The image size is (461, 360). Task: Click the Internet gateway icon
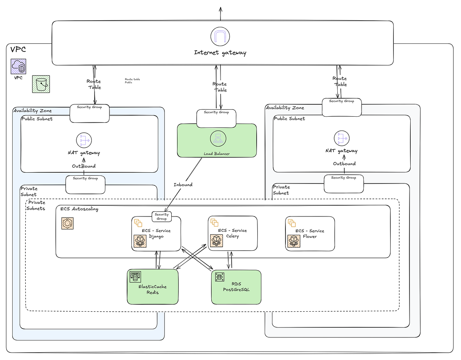click(x=220, y=36)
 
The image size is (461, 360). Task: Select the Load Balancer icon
click(x=217, y=138)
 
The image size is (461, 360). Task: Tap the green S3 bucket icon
click(x=41, y=84)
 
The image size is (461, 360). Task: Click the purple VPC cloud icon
click(x=18, y=66)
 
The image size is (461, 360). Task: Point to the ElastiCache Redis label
click(x=153, y=289)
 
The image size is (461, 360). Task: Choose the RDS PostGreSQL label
click(x=236, y=287)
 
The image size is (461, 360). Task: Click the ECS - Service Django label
click(x=156, y=233)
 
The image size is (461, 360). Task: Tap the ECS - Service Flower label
click(x=310, y=233)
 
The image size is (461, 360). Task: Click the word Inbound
click(x=183, y=185)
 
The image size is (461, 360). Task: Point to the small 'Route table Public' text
click(x=132, y=81)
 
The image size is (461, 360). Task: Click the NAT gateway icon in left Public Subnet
click(x=84, y=140)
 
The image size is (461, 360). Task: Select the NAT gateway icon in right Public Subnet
click(x=342, y=139)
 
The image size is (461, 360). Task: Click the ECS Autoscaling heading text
click(x=79, y=209)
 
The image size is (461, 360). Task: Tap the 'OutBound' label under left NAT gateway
click(x=83, y=166)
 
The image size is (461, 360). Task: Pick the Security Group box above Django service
click(x=162, y=216)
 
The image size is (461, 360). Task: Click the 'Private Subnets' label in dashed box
click(x=36, y=205)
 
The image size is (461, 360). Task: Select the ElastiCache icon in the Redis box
click(x=135, y=276)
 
